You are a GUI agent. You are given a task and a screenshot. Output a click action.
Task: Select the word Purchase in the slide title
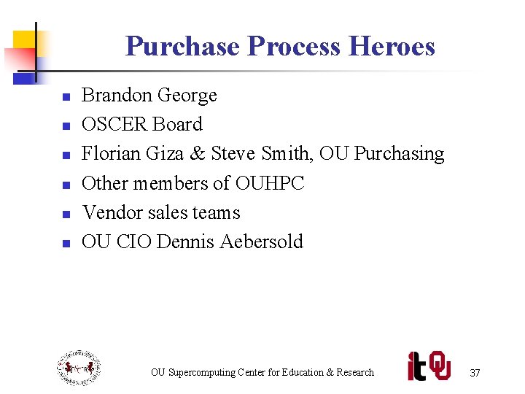pyautogui.click(x=182, y=46)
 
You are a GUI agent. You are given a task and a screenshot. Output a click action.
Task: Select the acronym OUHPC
pyautogui.click(x=270, y=183)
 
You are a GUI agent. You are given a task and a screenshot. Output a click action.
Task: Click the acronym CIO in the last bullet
pyautogui.click(x=132, y=242)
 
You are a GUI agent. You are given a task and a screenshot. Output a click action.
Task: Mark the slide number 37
pyautogui.click(x=475, y=373)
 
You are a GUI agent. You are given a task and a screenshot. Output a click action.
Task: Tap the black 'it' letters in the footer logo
pyautogui.click(x=416, y=366)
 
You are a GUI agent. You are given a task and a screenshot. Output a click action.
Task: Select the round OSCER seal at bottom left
pyautogui.click(x=79, y=368)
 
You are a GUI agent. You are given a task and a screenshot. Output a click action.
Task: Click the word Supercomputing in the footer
pyautogui.click(x=201, y=373)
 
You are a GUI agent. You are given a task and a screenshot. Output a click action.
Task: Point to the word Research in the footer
pyautogui.click(x=355, y=373)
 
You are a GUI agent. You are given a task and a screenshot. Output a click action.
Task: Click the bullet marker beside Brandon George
pyautogui.click(x=66, y=97)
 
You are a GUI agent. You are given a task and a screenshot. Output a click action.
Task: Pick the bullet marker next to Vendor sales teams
pyautogui.click(x=66, y=214)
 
